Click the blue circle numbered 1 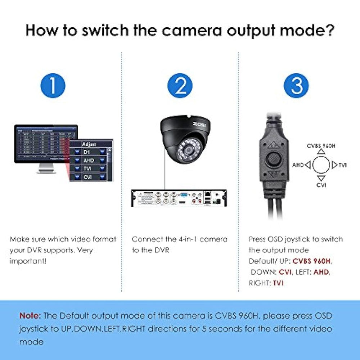tap(53, 86)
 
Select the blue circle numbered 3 tap(296, 86)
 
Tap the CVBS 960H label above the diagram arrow tap(321, 146)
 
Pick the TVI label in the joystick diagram tap(343, 165)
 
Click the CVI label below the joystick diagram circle tap(321, 185)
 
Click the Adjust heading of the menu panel tap(89, 144)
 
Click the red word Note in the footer tap(30, 316)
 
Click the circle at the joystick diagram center tap(321, 165)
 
